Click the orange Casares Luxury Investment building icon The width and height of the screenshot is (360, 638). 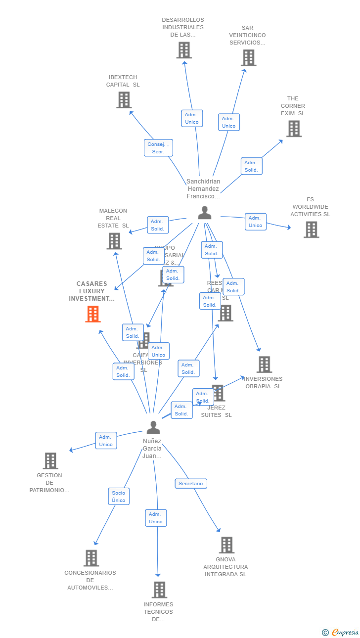[x=93, y=314]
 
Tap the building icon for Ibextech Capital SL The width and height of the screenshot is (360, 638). [x=124, y=100]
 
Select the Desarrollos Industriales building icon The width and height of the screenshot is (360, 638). [x=184, y=50]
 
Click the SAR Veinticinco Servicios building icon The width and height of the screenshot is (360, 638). [x=248, y=58]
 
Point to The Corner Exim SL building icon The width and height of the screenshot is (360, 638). [x=294, y=129]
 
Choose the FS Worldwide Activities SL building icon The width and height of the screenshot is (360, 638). [x=311, y=229]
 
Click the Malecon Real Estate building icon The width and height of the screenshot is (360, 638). [x=114, y=241]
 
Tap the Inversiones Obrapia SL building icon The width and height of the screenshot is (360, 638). [x=264, y=365]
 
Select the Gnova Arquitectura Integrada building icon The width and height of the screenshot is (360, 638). [x=226, y=545]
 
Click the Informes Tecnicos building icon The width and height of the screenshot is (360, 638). [x=159, y=590]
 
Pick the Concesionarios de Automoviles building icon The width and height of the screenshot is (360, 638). [x=91, y=558]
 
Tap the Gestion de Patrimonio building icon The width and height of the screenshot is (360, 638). [x=50, y=460]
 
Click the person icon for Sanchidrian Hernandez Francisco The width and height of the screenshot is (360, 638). [x=204, y=213]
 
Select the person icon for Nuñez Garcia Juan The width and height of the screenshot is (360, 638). [x=153, y=427]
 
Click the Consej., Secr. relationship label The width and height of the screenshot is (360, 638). [x=158, y=148]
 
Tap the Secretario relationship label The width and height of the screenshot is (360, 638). [x=191, y=483]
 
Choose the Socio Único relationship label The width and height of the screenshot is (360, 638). [x=119, y=497]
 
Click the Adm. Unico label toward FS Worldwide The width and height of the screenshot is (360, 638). [x=256, y=222]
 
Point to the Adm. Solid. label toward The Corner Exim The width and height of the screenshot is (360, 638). [x=251, y=166]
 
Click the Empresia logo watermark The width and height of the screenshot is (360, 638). [x=341, y=632]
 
